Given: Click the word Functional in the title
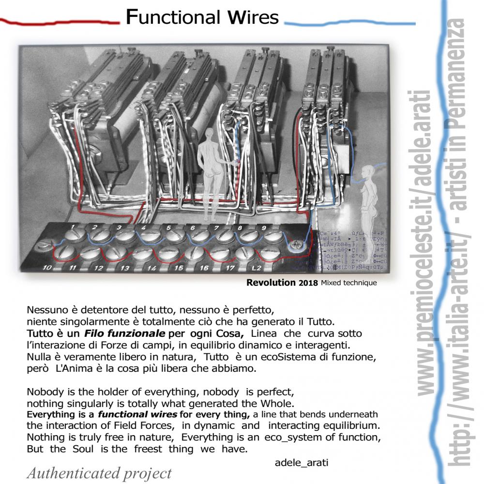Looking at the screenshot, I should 165,18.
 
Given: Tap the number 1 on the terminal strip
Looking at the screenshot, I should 72,227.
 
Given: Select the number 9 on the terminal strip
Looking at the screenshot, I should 263,227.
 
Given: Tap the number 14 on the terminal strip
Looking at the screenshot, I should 152,267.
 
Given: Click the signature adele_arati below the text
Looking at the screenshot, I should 301,463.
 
